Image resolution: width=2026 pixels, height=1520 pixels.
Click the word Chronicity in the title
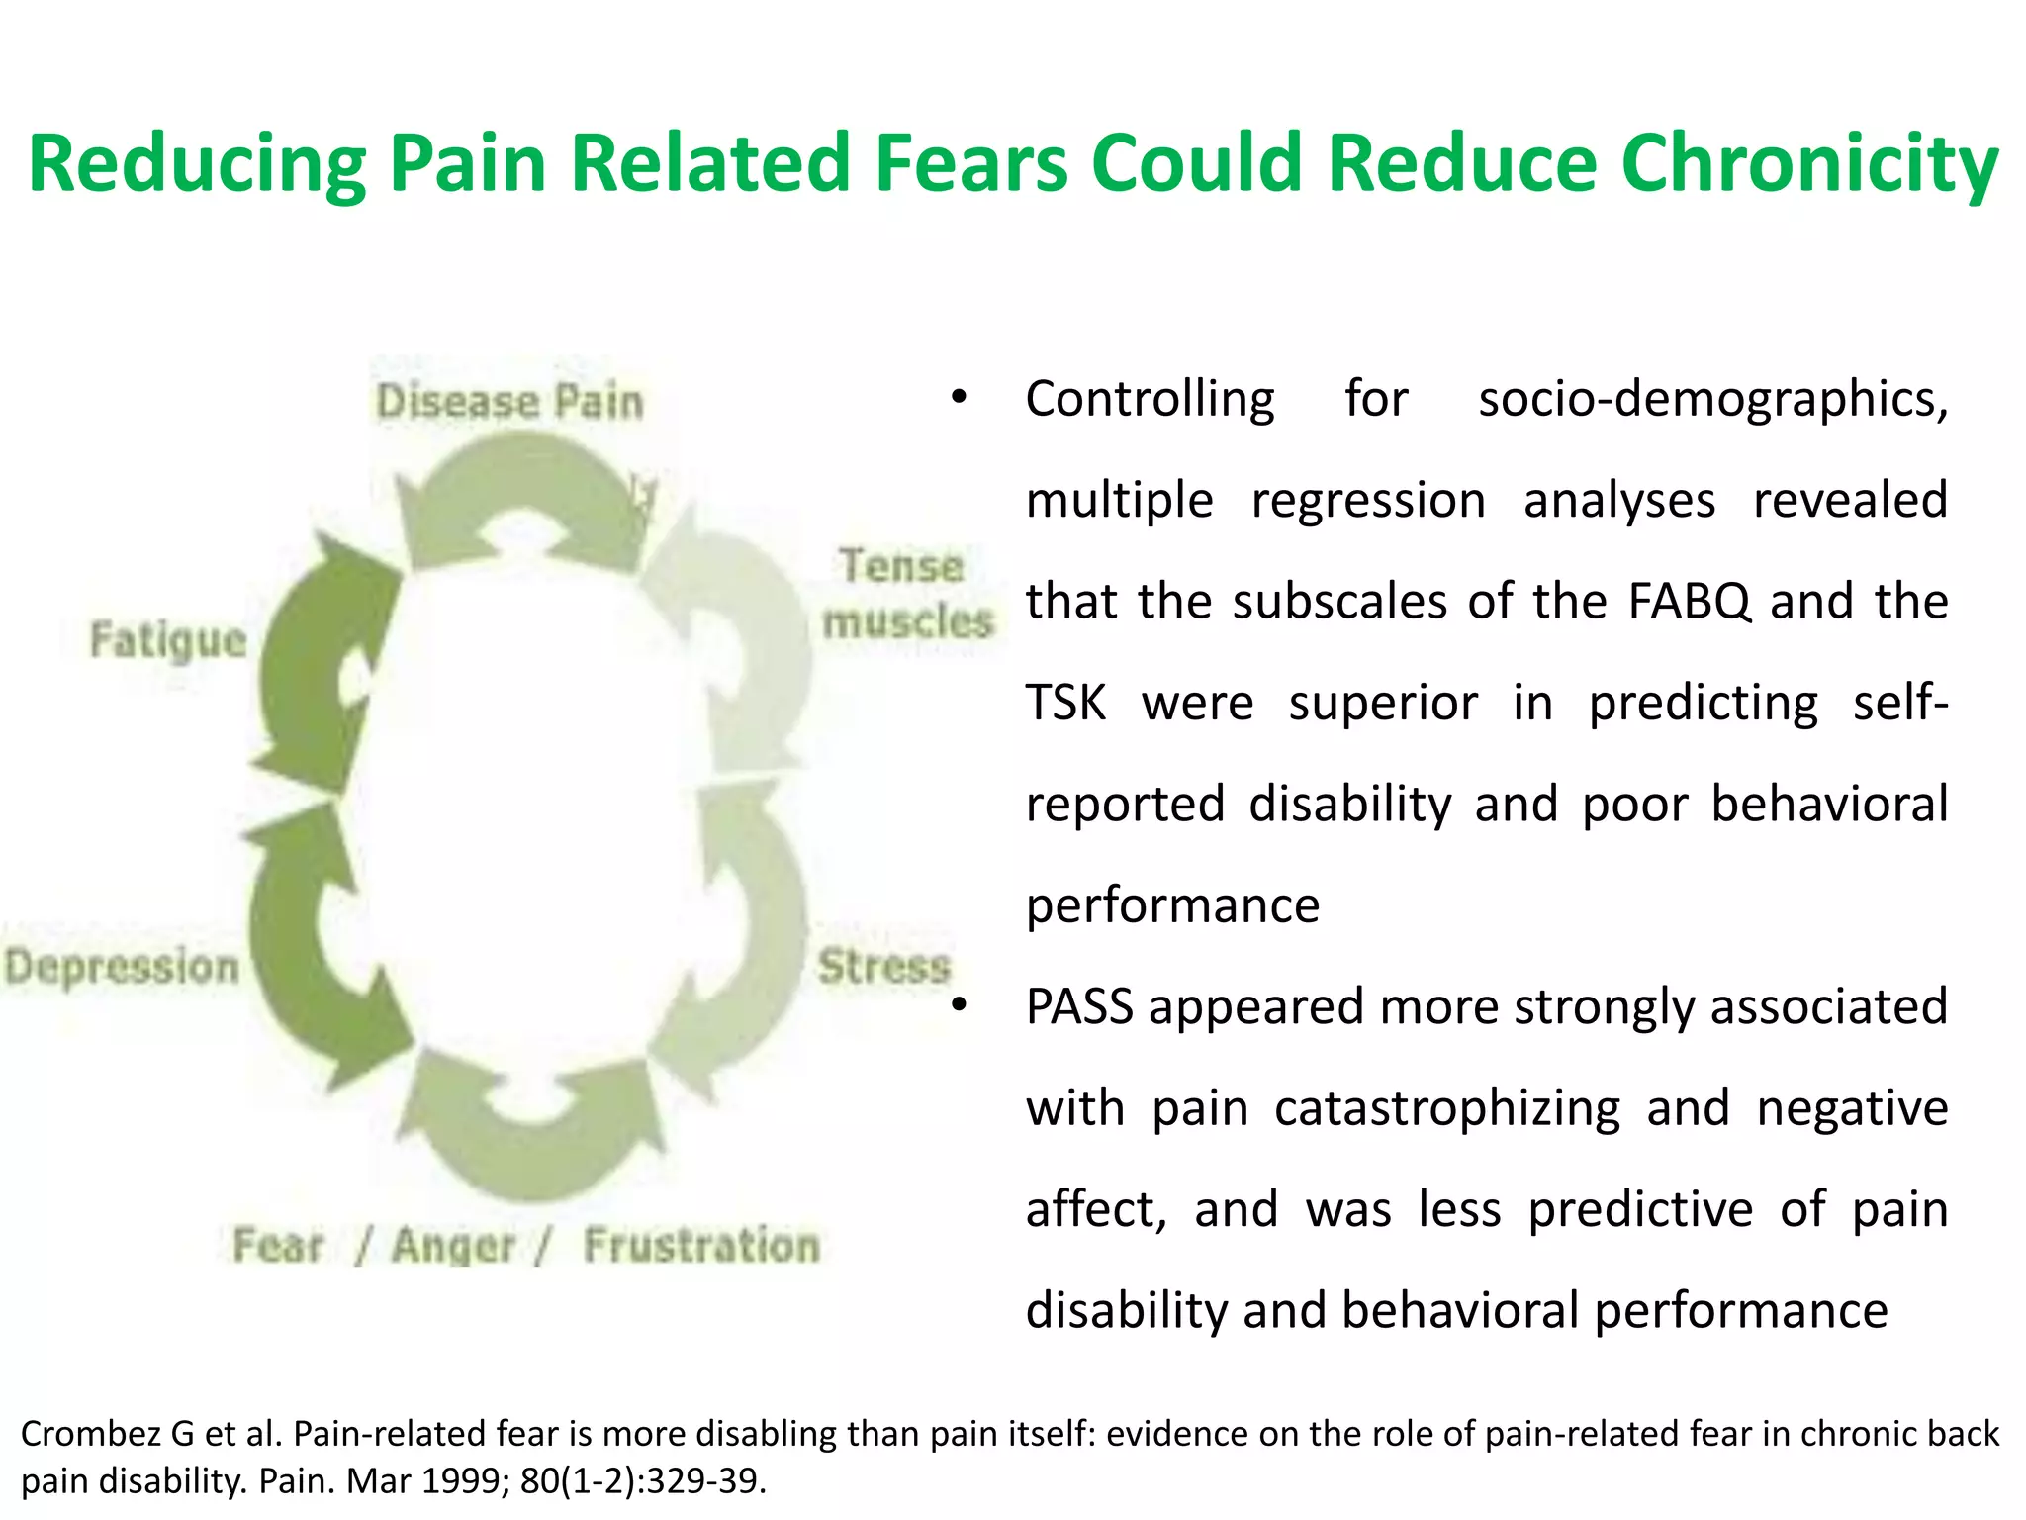tap(1809, 164)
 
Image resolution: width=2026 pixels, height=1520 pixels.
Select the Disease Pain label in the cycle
tap(509, 402)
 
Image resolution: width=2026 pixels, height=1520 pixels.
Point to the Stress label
tap(883, 966)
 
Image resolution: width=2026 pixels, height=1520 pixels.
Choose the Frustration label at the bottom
tap(701, 1245)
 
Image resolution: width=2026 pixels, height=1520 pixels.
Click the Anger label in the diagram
tap(454, 1246)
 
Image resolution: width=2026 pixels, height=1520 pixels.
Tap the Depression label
tap(122, 966)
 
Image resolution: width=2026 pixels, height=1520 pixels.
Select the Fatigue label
tap(168, 639)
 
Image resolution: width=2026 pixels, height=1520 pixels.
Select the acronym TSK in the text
tap(1065, 703)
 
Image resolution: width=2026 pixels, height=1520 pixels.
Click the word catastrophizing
tap(1446, 1108)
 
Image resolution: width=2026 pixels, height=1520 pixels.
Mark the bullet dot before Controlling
tap(958, 398)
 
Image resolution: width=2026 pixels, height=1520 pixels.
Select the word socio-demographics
tap(1711, 399)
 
